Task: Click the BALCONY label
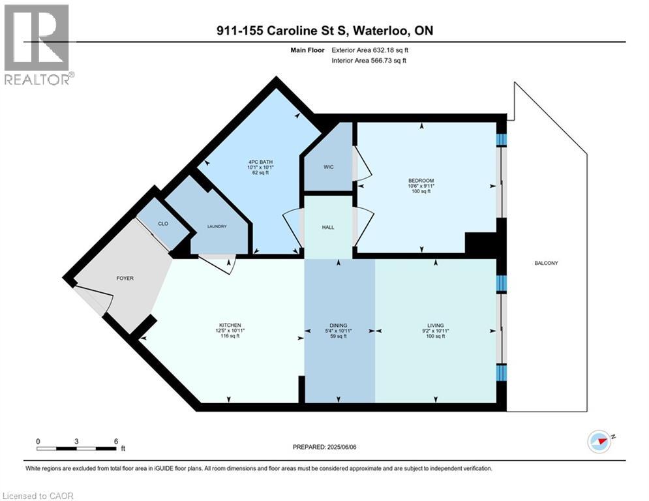(546, 263)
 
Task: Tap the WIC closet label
(329, 167)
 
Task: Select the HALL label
(328, 227)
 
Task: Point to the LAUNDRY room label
(217, 226)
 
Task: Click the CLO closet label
(163, 224)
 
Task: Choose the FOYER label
(125, 279)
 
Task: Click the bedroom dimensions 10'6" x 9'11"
(421, 186)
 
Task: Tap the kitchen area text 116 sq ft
(230, 336)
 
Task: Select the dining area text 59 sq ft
(338, 336)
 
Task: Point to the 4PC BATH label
(260, 162)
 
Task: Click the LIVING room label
(436, 326)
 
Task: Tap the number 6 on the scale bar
(116, 442)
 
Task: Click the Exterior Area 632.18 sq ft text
(370, 50)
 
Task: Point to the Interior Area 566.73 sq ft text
(369, 61)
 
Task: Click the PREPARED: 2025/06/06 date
(325, 447)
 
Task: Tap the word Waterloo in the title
(381, 31)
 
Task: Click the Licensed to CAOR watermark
(38, 496)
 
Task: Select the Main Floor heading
(307, 50)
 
